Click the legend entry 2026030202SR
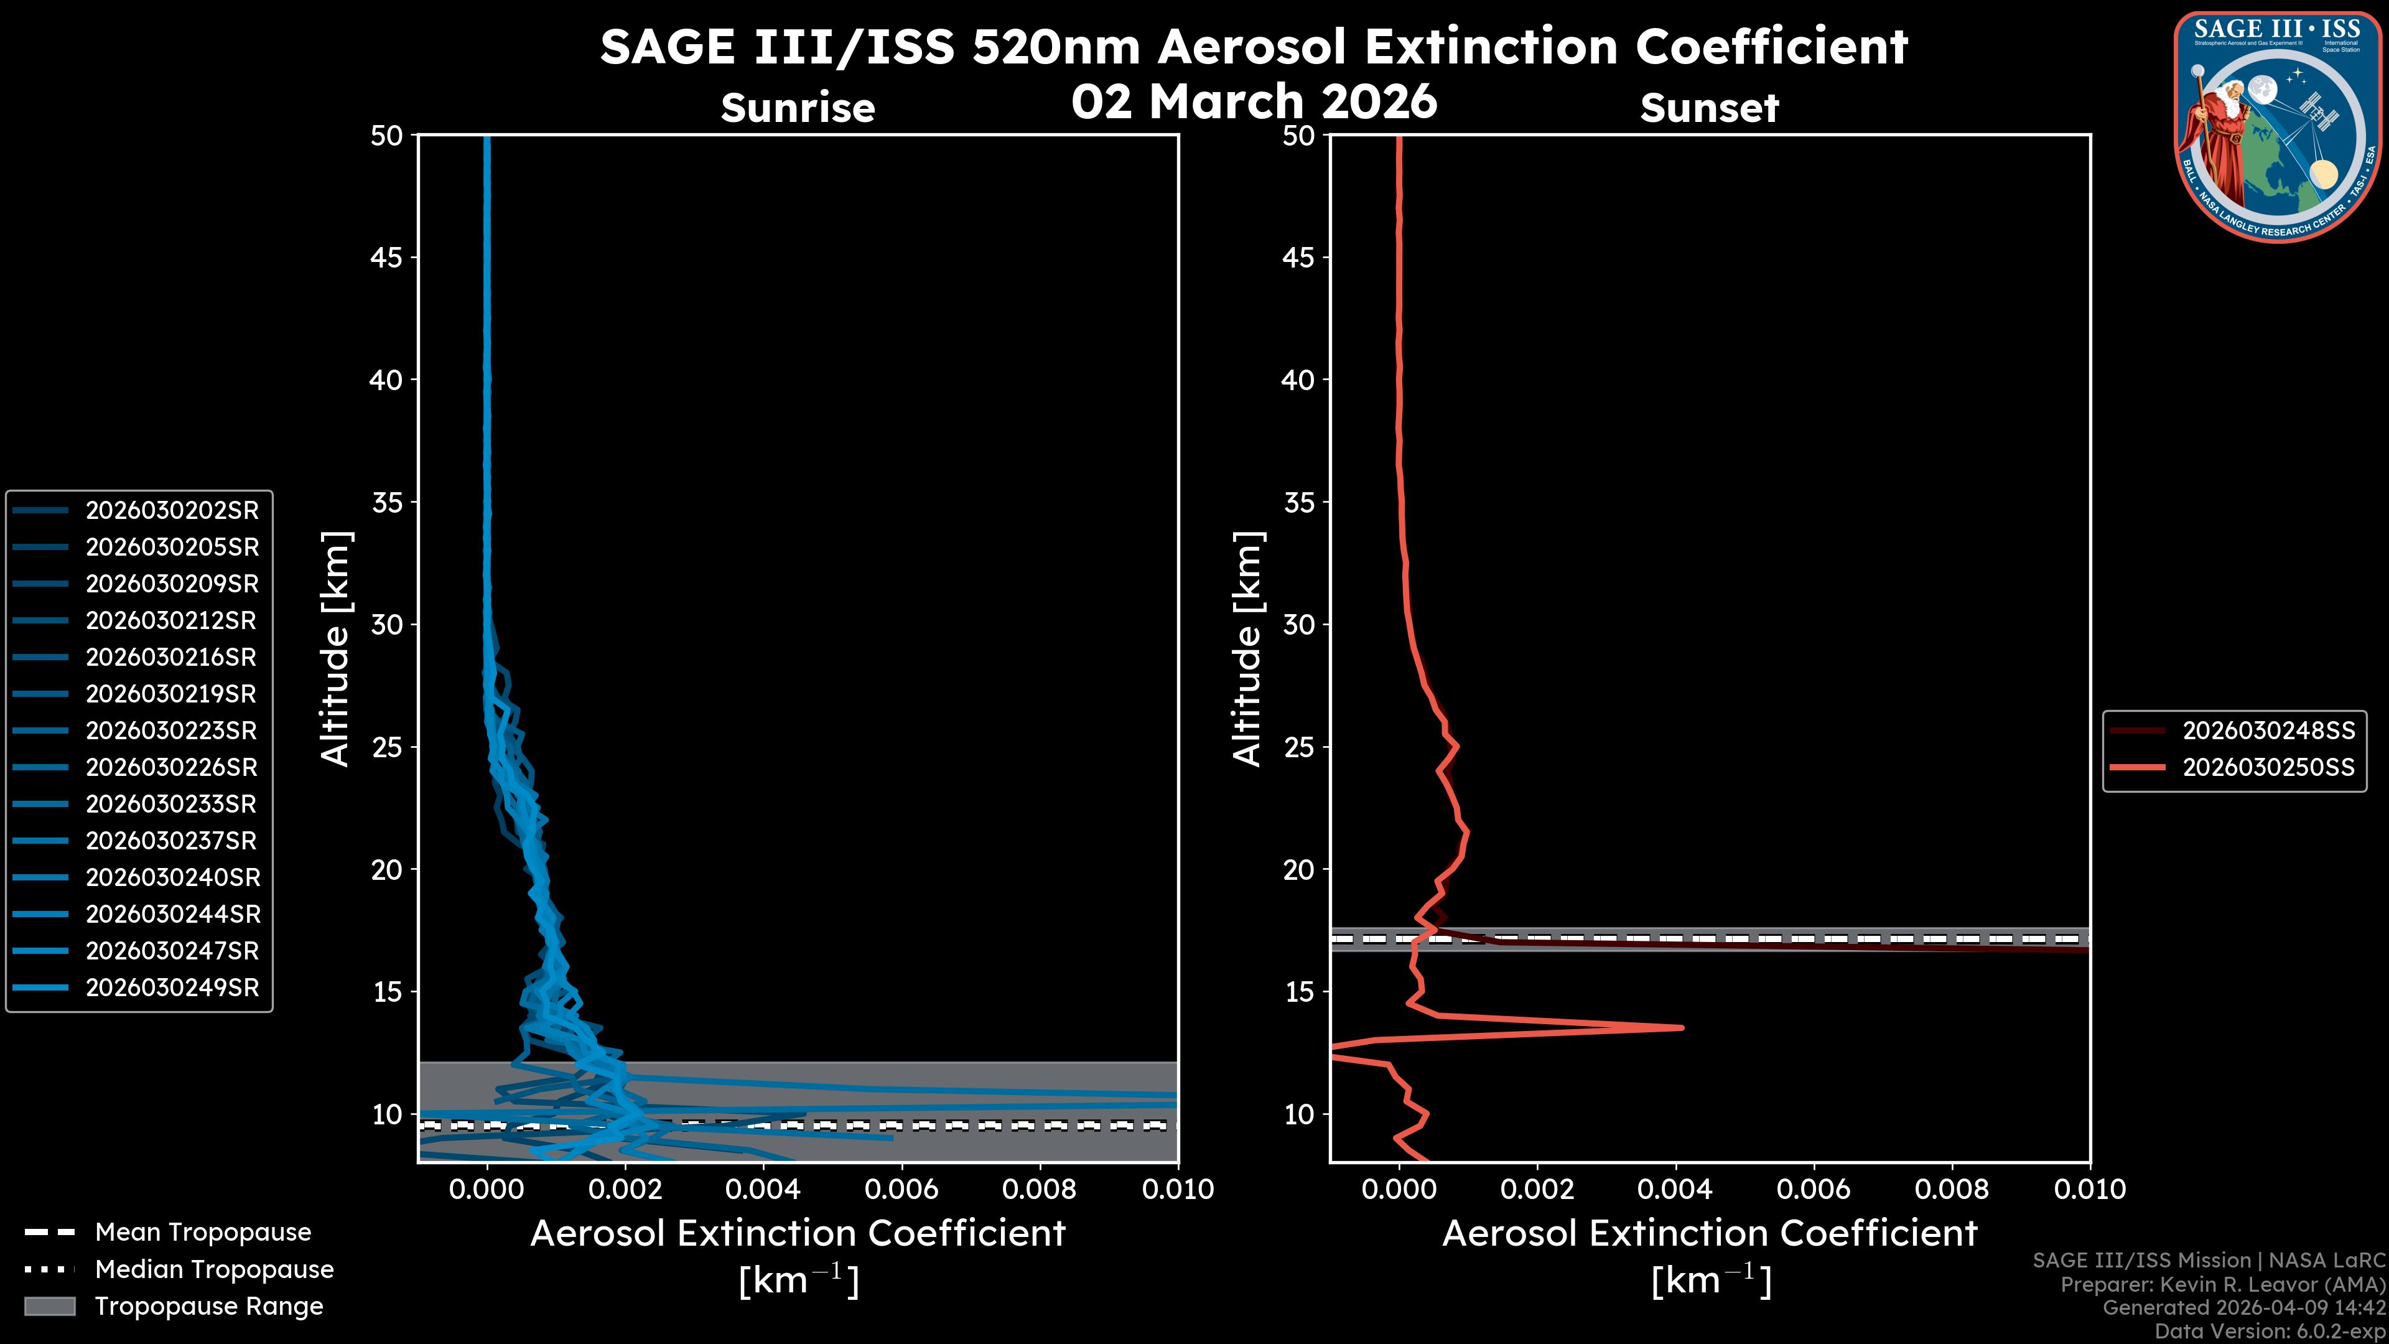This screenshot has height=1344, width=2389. (172, 510)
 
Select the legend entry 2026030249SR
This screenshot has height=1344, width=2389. (172, 988)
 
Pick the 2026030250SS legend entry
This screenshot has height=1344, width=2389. (2268, 768)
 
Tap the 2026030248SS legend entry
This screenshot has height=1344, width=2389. (2268, 731)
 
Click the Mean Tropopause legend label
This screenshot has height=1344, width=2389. (203, 1233)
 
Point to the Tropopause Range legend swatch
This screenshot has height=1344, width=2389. (50, 1306)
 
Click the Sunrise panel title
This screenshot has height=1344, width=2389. (798, 108)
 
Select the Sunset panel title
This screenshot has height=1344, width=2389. (1709, 108)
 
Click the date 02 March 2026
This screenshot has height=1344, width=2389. (1254, 100)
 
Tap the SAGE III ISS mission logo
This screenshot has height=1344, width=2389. (2278, 126)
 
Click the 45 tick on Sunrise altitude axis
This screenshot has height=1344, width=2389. (387, 258)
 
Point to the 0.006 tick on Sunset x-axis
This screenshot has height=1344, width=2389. (1814, 1189)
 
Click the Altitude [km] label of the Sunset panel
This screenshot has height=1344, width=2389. (1247, 648)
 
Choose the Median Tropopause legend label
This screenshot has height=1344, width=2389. (214, 1270)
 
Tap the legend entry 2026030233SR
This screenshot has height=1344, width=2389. (172, 804)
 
